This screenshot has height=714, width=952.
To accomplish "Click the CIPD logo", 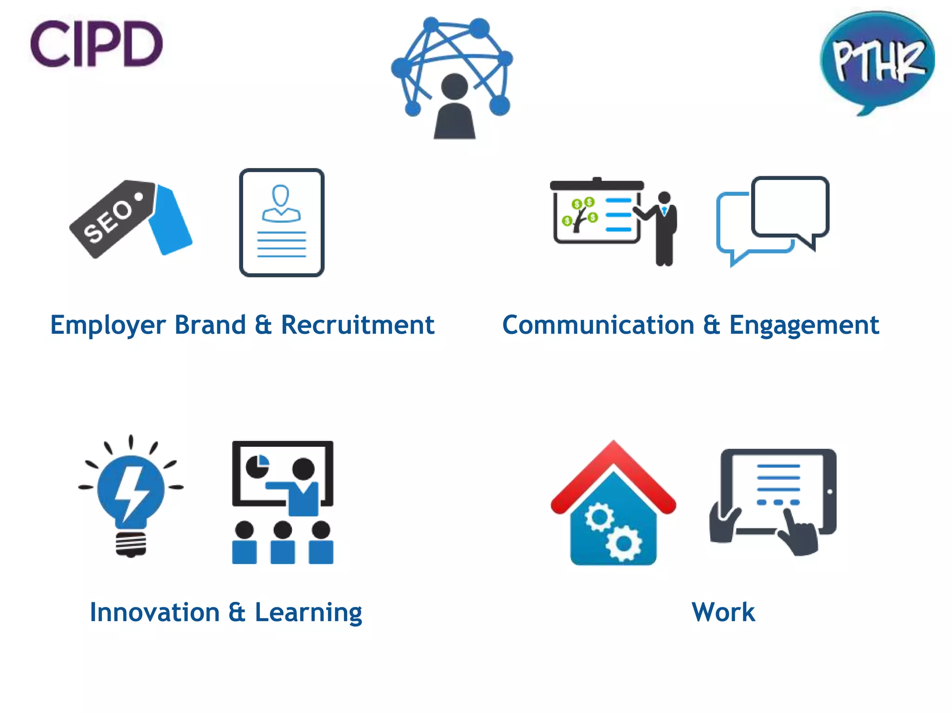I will [x=96, y=44].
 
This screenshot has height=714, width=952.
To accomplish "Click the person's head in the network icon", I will [x=454, y=86].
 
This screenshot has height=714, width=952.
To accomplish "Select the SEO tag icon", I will [x=130, y=218].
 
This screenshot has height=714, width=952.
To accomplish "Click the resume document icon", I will [x=282, y=223].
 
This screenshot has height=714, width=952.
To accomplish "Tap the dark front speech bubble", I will [x=790, y=207].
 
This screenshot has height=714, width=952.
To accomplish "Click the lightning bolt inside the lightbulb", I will [x=131, y=493].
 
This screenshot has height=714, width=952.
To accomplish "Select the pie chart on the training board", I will [x=258, y=466].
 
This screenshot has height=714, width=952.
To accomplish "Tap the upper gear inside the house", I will [x=599, y=517].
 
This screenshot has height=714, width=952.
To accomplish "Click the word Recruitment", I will [x=357, y=325].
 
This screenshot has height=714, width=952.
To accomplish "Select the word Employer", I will [x=108, y=325].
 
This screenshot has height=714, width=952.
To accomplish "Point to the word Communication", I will [x=598, y=325].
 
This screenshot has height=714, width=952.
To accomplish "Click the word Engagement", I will [x=804, y=325].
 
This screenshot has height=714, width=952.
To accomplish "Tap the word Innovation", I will [x=155, y=612].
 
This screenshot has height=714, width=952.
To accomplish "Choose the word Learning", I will [x=308, y=612].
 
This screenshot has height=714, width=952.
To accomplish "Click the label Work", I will [x=723, y=612].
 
